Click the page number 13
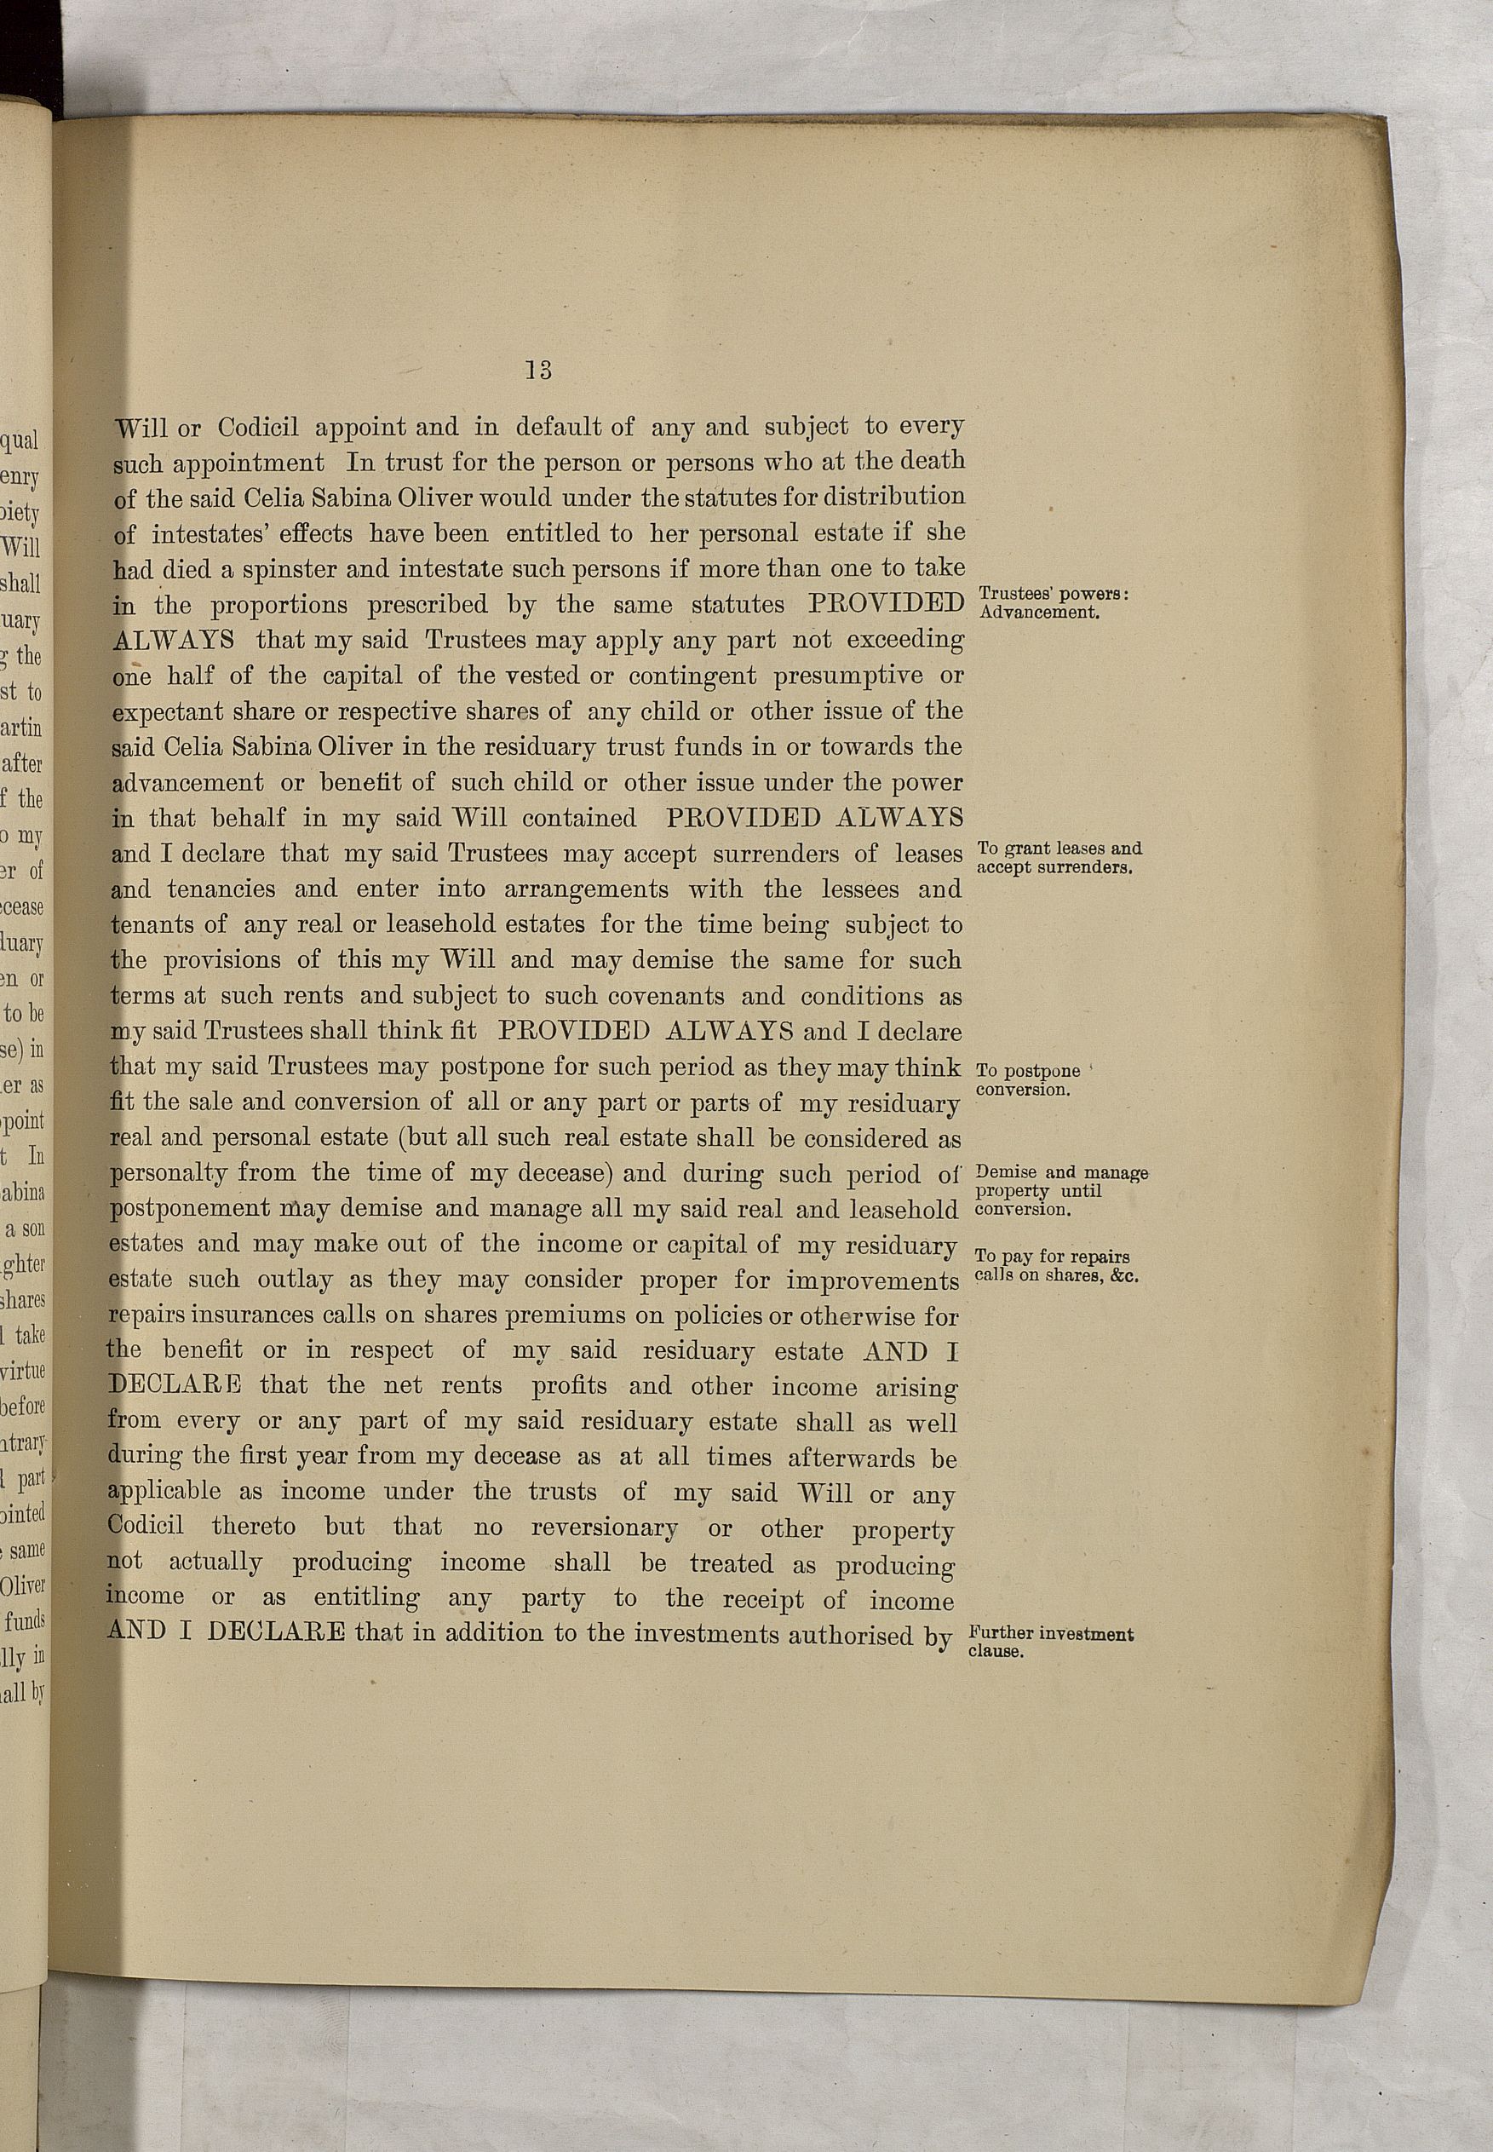[x=538, y=371]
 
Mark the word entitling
[x=365, y=1598]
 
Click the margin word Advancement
[x=1037, y=613]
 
